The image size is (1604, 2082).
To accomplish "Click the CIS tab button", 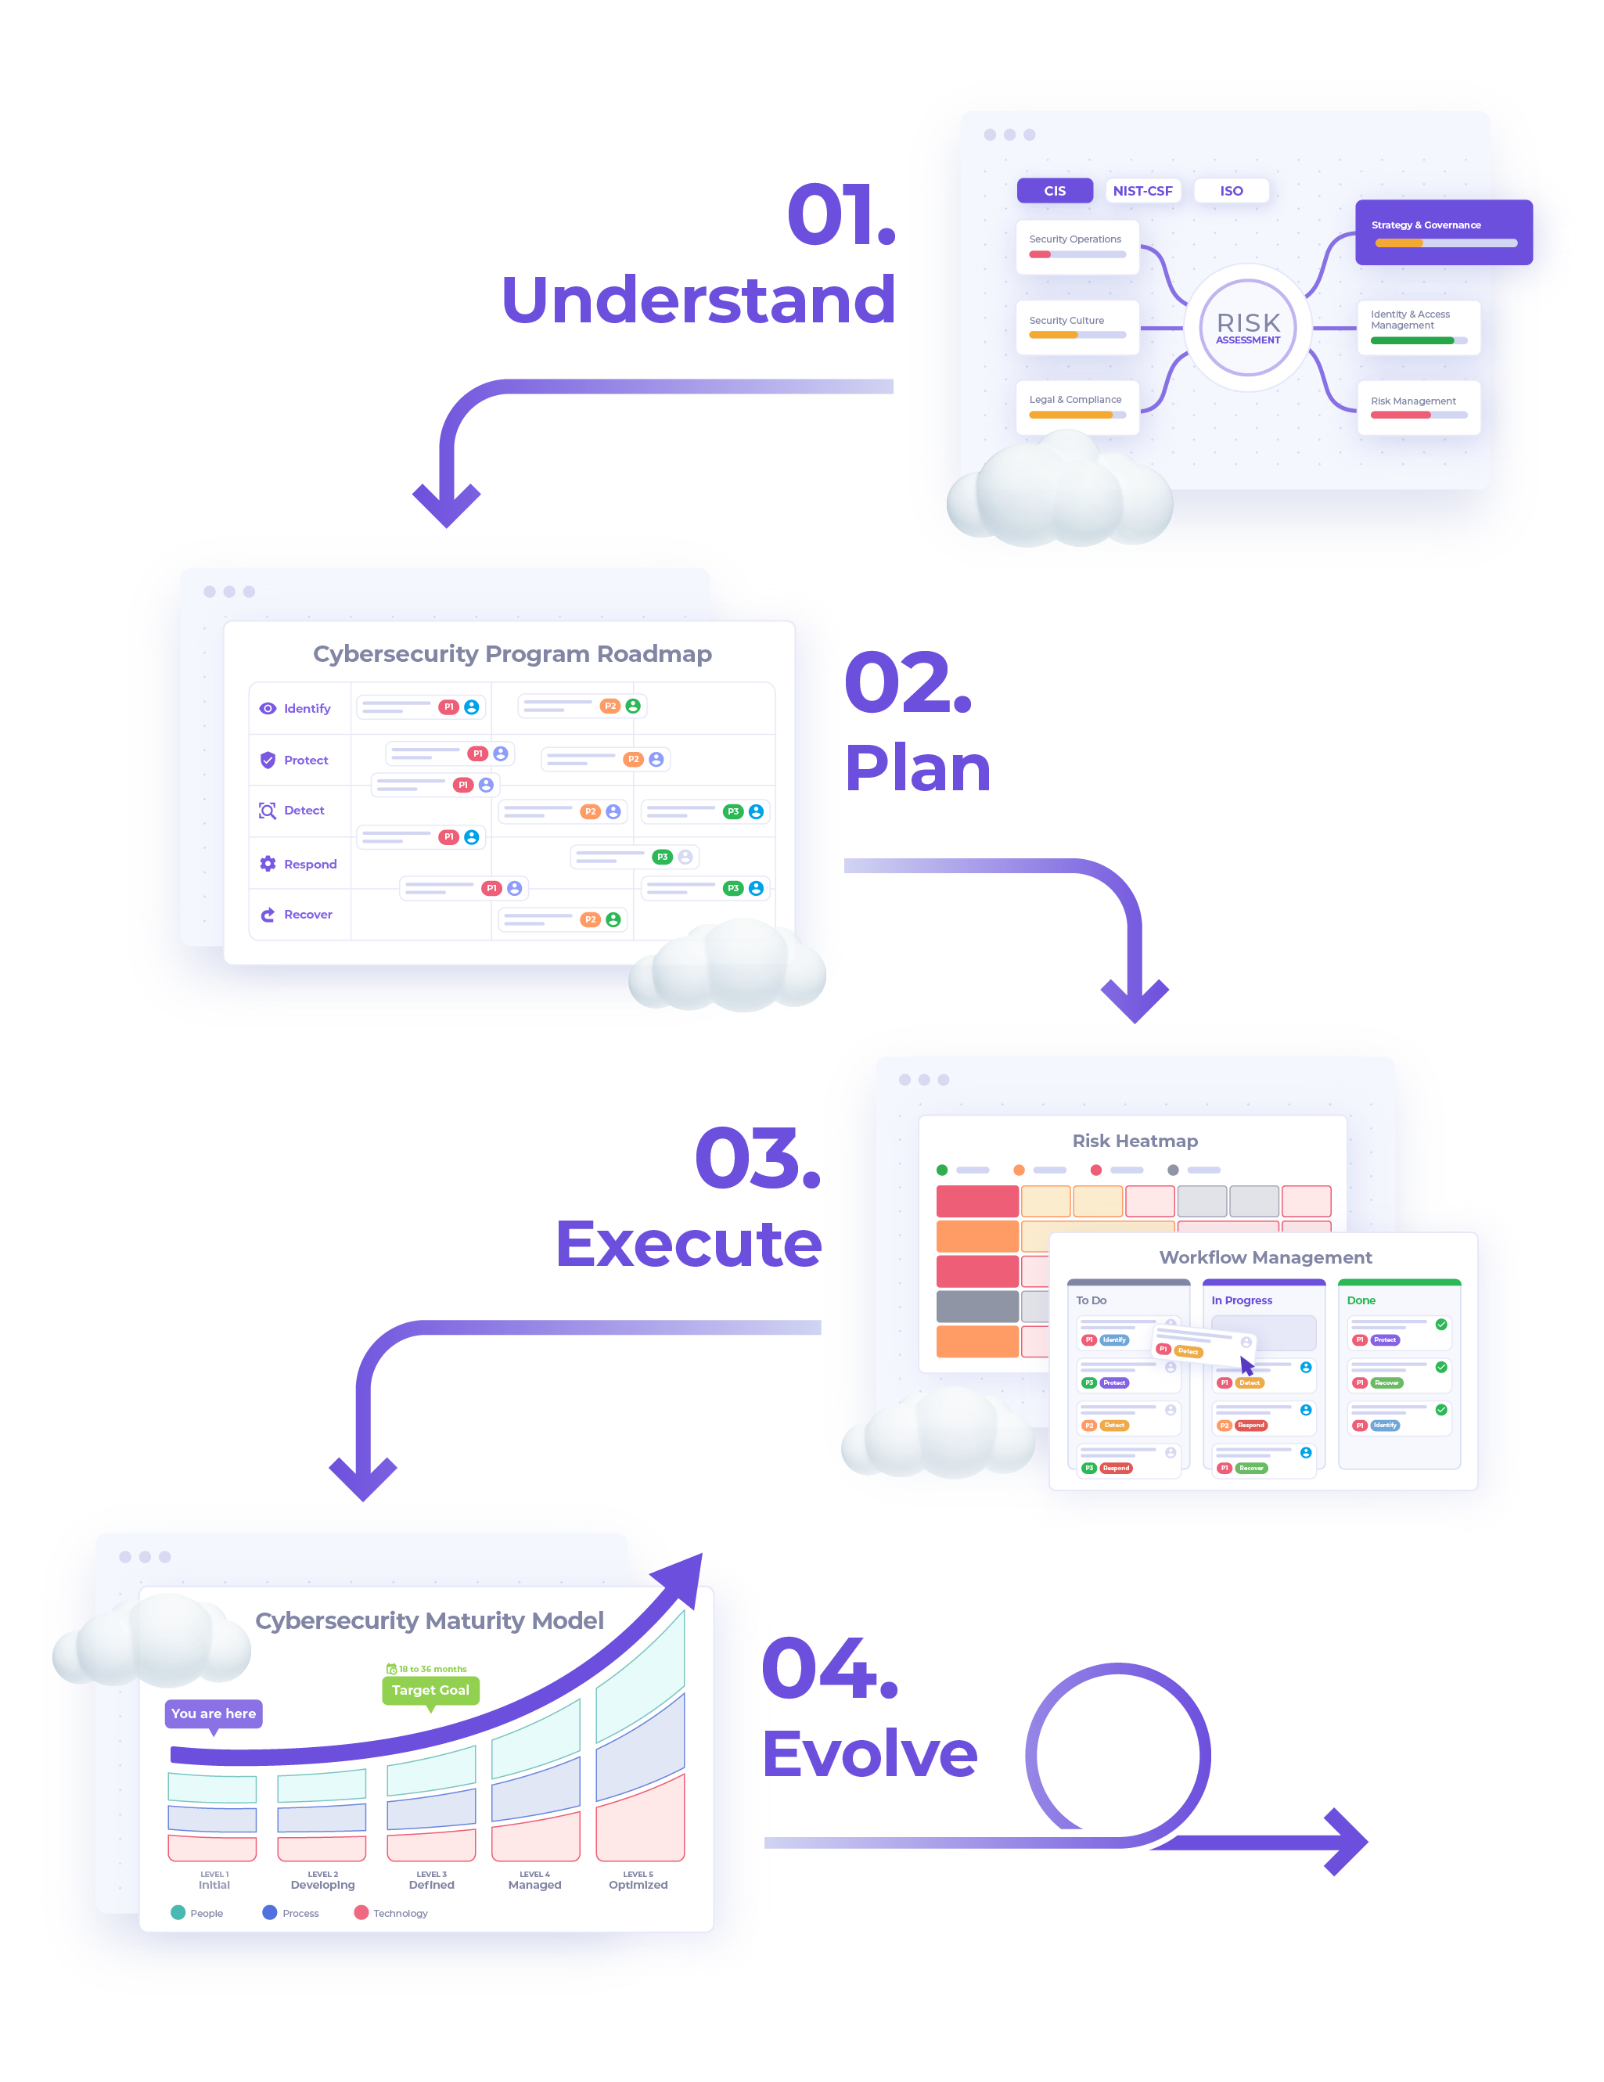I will coord(1054,191).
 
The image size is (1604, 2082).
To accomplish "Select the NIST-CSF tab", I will coord(1142,191).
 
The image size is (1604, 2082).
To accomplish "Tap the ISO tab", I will coord(1231,191).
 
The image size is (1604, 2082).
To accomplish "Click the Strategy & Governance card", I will coord(1442,232).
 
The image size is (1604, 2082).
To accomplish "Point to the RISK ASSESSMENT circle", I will coord(1246,328).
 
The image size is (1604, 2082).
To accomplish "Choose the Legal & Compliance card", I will coord(1077,406).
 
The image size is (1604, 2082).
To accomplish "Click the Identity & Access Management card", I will coord(1417,327).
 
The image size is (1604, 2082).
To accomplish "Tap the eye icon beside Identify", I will coord(268,708).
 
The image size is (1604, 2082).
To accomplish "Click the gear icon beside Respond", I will coord(268,864).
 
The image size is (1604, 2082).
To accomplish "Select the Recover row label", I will coord(307,914).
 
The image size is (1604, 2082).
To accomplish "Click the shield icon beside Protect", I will coord(268,760).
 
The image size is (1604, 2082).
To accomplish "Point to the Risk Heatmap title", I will coord(1134,1141).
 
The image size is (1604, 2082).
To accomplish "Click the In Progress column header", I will coord(1241,1300).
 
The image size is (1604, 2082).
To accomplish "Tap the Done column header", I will coord(1360,1300).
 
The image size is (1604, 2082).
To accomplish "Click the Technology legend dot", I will coord(361,1912).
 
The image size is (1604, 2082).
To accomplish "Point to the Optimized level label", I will coord(638,1885).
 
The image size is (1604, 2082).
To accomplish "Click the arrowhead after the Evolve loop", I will coord(1343,1842).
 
